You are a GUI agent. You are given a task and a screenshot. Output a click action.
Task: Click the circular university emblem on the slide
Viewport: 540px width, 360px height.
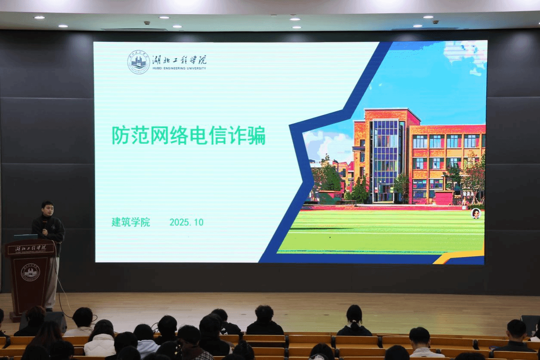point(138,62)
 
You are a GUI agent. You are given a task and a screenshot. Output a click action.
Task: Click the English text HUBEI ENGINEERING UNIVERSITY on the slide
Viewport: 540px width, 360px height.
point(179,68)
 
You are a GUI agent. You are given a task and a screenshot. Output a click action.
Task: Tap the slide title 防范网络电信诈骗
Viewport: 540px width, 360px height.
point(189,135)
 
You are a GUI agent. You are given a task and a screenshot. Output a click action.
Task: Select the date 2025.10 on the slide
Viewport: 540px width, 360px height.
point(186,222)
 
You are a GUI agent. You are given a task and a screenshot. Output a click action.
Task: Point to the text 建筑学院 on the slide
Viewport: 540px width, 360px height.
point(130,222)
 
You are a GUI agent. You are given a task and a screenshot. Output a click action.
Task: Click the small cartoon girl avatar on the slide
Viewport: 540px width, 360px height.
point(476,214)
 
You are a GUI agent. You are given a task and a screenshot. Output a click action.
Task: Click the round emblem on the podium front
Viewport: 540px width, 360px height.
point(31,273)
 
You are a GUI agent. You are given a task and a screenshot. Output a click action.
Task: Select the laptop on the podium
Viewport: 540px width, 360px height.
point(26,237)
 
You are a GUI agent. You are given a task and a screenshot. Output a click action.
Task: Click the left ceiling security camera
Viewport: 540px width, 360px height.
point(147,23)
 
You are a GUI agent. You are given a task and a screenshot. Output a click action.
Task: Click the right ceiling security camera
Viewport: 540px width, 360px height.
point(435,22)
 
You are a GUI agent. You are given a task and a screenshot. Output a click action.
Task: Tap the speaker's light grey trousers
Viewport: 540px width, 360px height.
point(52,282)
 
